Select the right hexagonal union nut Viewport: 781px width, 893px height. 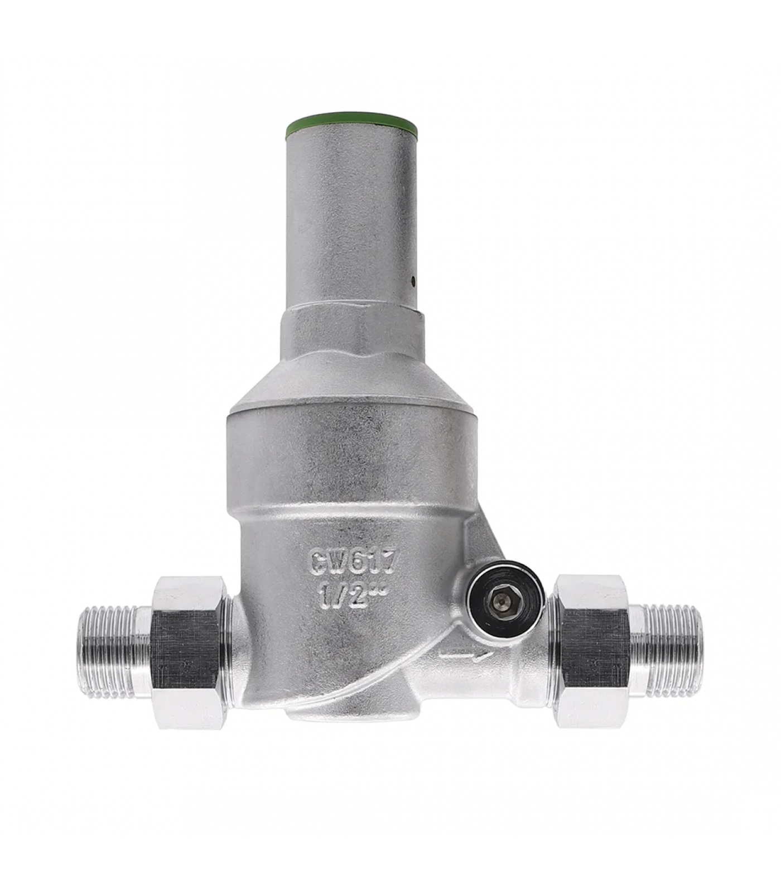[594, 651]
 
